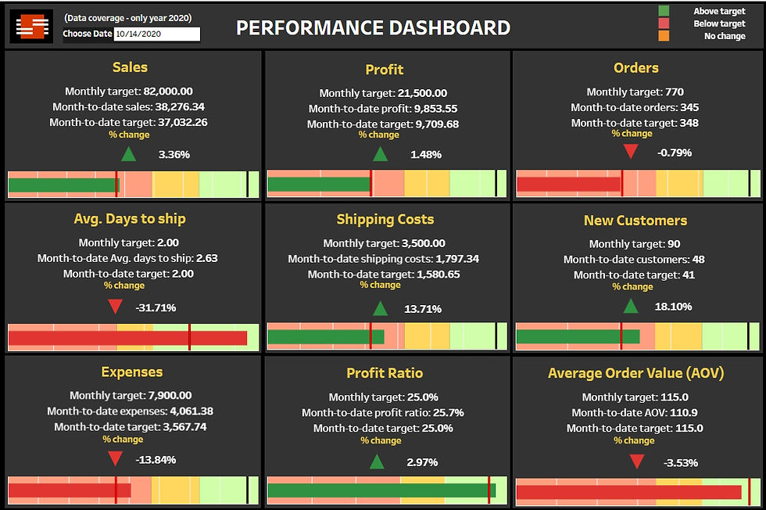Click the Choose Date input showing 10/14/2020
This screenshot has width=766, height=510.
click(156, 34)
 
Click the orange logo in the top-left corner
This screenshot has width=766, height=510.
click(31, 27)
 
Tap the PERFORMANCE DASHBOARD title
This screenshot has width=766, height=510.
click(373, 28)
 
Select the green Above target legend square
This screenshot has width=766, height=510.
click(664, 11)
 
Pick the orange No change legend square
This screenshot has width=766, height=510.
click(664, 36)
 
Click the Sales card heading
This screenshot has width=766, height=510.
click(130, 67)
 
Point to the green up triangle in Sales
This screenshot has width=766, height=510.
click(128, 154)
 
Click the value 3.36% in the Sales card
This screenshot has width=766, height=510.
click(174, 154)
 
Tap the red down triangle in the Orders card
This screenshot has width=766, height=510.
click(631, 152)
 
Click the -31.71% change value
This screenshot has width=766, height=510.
click(156, 307)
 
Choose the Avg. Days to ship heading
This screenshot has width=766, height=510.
click(130, 219)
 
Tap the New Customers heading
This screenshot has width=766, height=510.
click(635, 221)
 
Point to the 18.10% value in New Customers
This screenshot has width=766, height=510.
click(673, 307)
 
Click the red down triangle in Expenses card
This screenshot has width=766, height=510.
click(115, 459)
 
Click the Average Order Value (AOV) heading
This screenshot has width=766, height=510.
click(636, 373)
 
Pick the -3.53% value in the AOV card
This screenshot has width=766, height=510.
click(680, 462)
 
